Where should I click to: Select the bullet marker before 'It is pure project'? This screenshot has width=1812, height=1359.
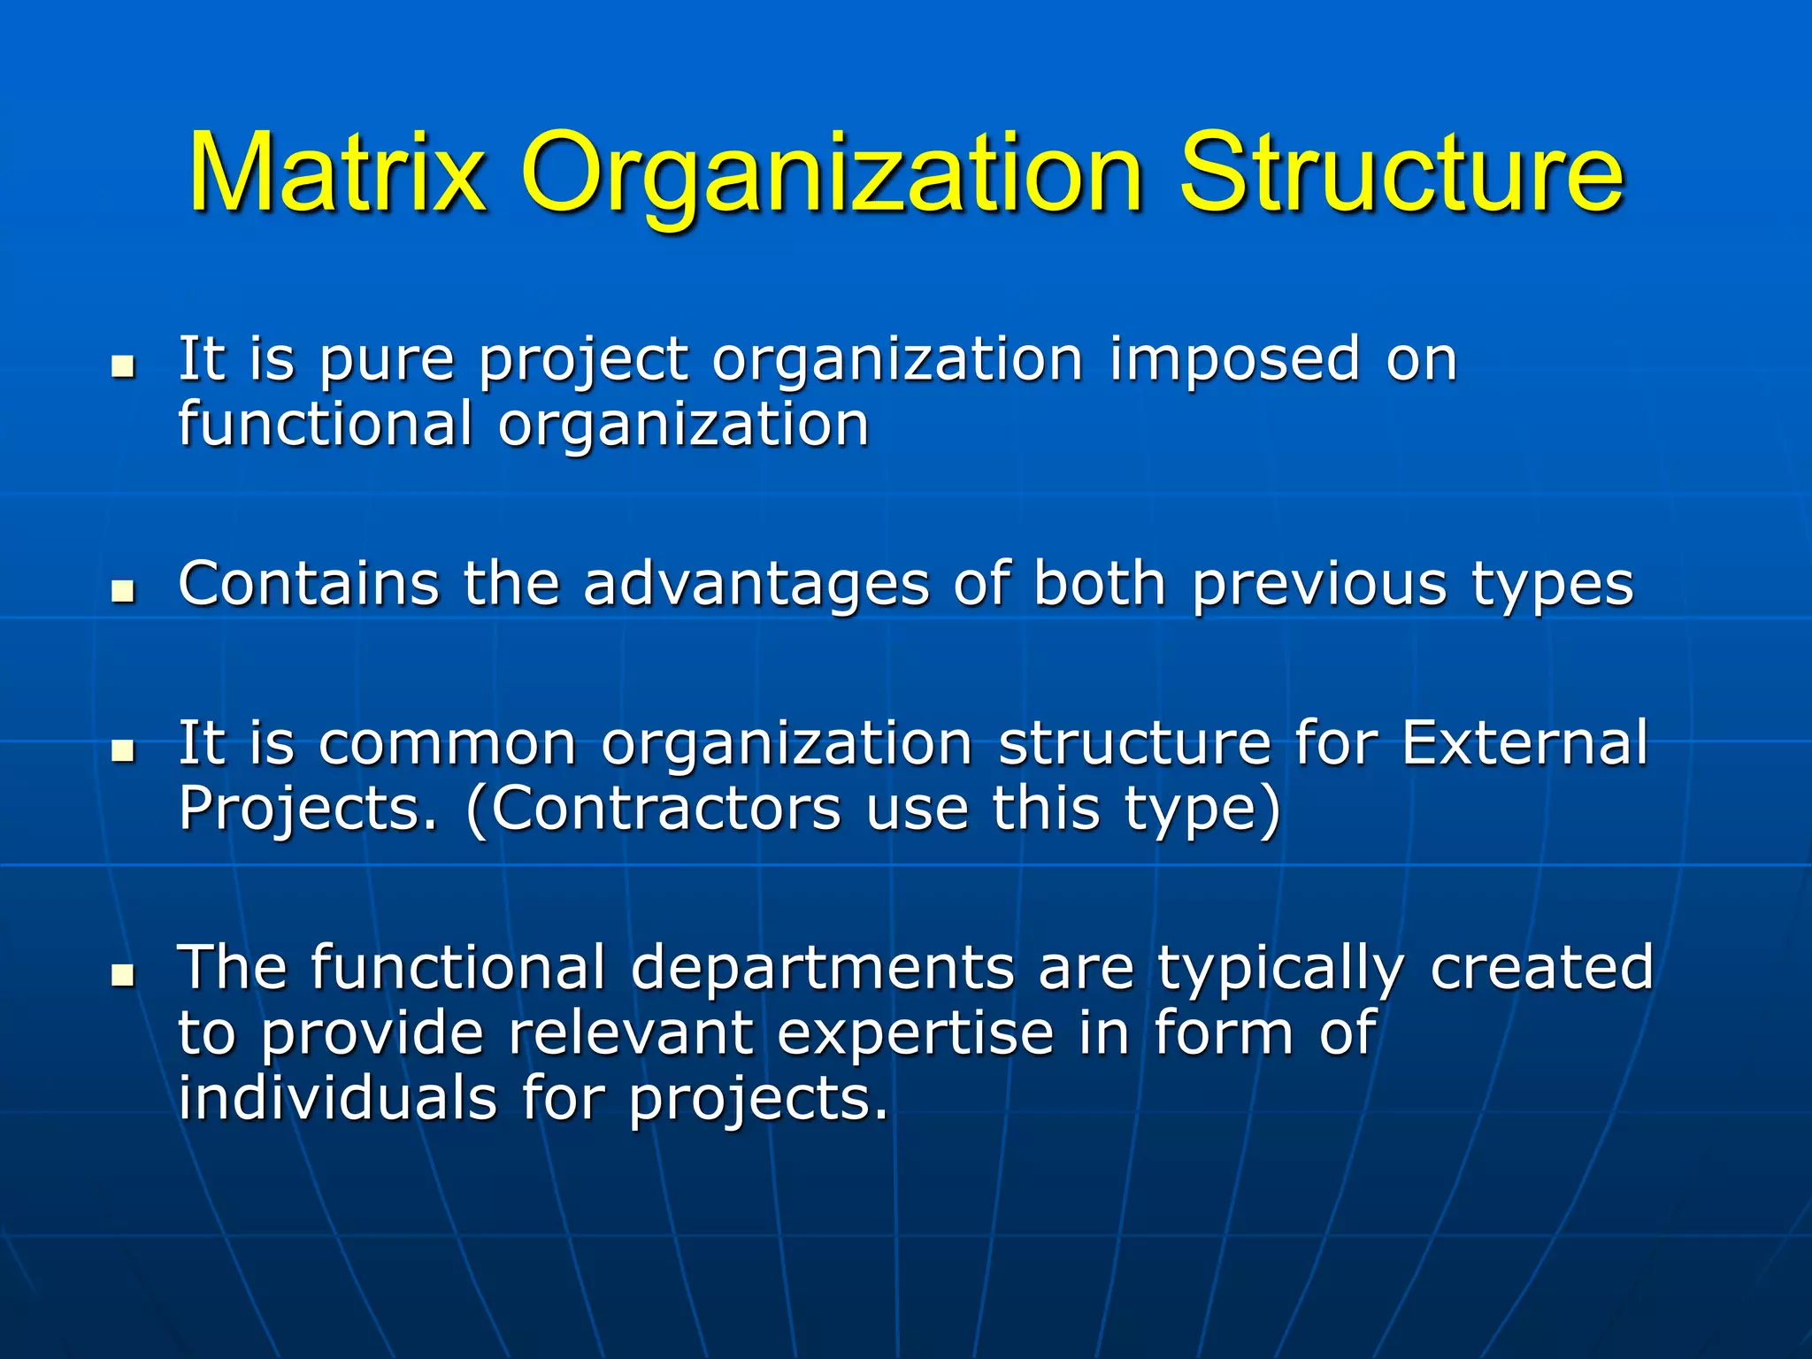[124, 365]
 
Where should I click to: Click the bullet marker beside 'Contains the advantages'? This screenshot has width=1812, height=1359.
[124, 590]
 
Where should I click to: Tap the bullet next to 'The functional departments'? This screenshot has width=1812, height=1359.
[124, 974]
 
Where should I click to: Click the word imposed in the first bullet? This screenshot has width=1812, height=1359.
[1234, 361]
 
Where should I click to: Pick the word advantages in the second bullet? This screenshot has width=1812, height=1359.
[756, 585]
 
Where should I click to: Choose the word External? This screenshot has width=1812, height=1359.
[1524, 742]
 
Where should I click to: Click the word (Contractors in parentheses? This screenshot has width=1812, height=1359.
[653, 809]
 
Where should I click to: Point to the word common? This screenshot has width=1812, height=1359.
[448, 744]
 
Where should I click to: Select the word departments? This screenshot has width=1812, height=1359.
[822, 969]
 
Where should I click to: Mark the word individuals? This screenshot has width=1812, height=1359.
[337, 1098]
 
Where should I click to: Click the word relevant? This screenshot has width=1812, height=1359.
[630, 1033]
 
